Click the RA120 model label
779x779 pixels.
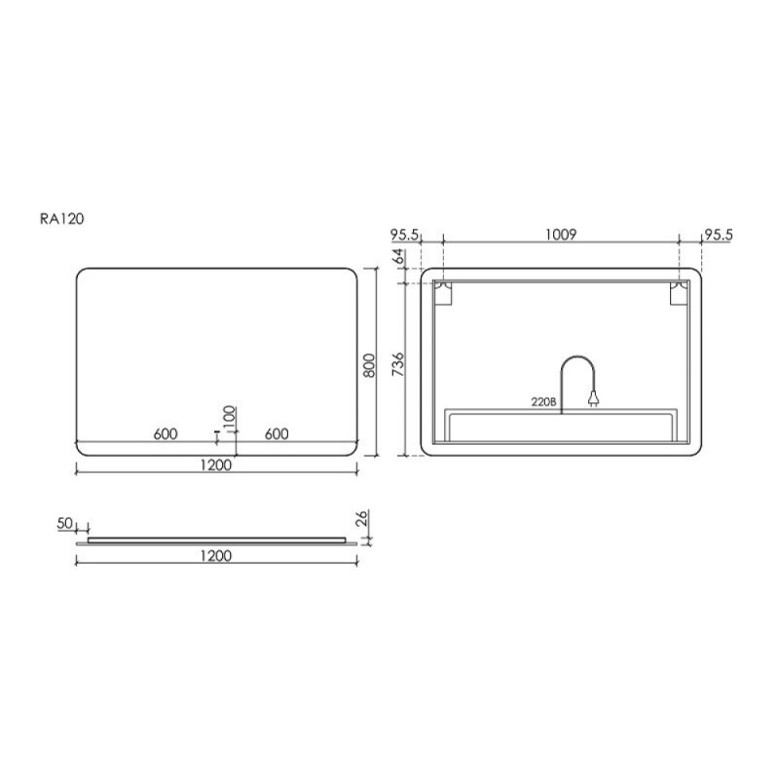click(x=62, y=219)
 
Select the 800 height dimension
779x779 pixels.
click(x=369, y=365)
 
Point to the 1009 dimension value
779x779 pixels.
click(x=561, y=234)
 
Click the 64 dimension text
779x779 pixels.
click(x=398, y=256)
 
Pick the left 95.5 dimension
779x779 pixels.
click(x=405, y=235)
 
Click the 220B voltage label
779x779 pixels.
click(x=543, y=402)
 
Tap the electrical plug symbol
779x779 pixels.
click(x=593, y=398)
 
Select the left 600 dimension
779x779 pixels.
click(x=166, y=433)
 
